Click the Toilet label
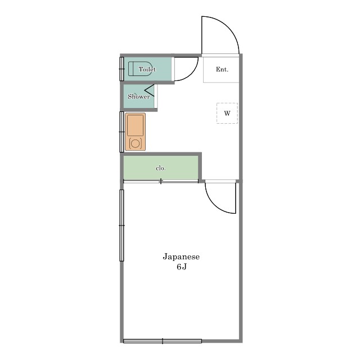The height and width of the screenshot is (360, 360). [147, 69]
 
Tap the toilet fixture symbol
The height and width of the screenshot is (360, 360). [140, 69]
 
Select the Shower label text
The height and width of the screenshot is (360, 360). [139, 96]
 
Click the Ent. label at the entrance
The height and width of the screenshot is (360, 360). [222, 69]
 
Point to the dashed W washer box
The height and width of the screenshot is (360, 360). [227, 113]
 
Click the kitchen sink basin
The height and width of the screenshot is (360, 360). [135, 125]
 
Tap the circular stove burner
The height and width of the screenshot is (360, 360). [135, 143]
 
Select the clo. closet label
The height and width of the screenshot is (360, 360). [161, 168]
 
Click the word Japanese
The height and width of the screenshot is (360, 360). [181, 256]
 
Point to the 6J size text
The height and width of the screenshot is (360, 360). [181, 267]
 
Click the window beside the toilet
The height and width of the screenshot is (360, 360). [121, 69]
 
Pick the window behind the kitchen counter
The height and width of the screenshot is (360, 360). [121, 132]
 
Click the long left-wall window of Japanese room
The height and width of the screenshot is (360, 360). [121, 226]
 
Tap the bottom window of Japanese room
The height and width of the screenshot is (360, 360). [163, 341]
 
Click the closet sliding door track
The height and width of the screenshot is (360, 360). [161, 181]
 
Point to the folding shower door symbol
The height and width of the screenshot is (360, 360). [150, 91]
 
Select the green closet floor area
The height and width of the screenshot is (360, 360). [161, 168]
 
